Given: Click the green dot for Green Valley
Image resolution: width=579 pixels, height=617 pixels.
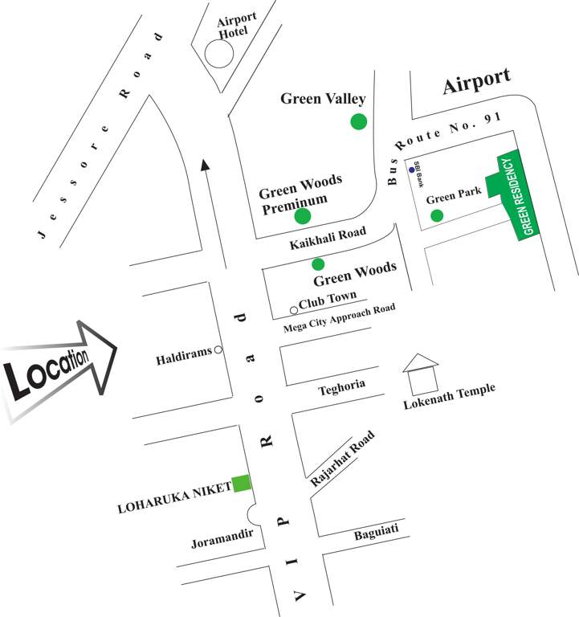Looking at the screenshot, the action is click(358, 121).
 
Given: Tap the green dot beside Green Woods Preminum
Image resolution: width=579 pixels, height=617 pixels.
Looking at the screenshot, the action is click(302, 215).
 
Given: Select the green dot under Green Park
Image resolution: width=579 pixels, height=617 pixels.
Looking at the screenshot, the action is click(437, 215).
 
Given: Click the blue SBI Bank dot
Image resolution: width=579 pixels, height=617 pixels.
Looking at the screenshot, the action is click(412, 170).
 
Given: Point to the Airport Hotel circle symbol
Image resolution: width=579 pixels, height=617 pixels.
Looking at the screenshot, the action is click(218, 54).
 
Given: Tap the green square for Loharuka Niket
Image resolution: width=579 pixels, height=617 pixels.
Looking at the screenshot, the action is click(241, 484).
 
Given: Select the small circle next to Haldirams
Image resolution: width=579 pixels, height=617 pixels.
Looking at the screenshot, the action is click(218, 349).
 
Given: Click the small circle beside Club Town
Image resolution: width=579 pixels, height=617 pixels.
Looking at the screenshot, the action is click(294, 310).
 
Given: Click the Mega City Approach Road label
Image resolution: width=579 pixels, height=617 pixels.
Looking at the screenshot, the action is click(340, 313).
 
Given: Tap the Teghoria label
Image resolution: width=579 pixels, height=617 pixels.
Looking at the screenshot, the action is click(341, 386).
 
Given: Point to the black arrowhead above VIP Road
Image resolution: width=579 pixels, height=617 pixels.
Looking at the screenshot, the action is click(206, 164).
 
